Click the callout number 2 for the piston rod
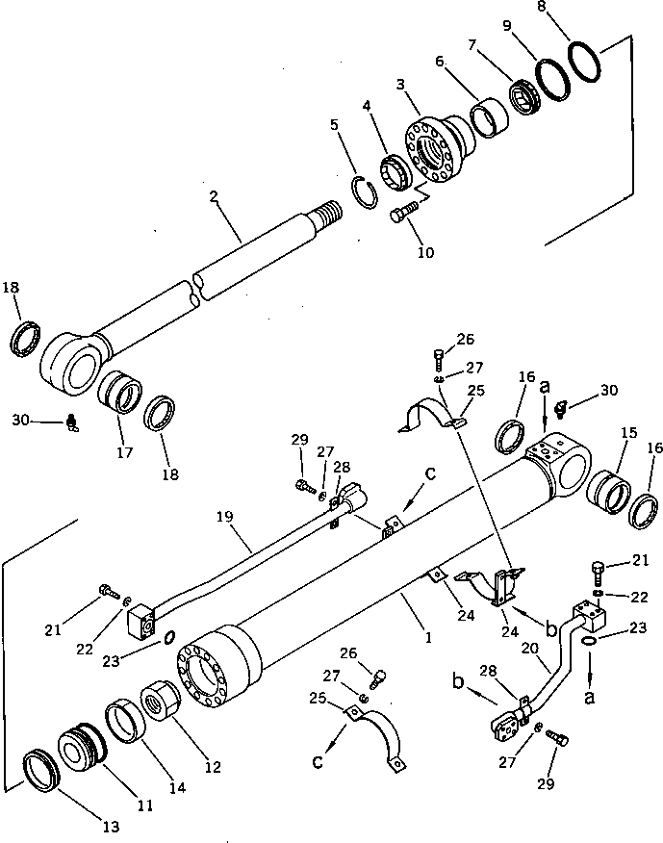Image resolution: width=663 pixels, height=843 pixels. click(x=214, y=197)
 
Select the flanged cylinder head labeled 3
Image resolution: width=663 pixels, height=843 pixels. click(x=436, y=145)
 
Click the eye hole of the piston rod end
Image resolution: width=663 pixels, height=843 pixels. click(x=73, y=361)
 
